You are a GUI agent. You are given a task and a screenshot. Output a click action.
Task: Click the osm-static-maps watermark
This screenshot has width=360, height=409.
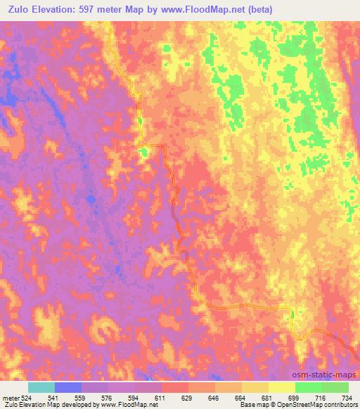click(x=326, y=376)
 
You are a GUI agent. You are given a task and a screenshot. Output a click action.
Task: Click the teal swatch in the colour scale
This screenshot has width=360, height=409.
click(x=41, y=387)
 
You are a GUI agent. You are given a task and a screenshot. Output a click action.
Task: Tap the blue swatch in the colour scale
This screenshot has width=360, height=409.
click(x=68, y=387)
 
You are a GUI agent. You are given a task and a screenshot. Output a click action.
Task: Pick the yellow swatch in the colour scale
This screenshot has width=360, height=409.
click(x=281, y=387)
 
